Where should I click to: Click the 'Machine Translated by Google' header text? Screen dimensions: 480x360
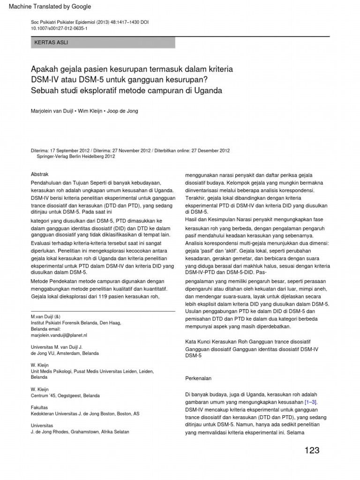[x=47, y=7]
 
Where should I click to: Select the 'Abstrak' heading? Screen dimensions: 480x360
[x=39, y=174]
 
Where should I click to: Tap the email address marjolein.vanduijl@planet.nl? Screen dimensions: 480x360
[x=59, y=335]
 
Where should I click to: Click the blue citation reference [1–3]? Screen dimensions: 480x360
[x=311, y=402]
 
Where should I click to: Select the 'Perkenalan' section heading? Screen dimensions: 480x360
[x=199, y=378]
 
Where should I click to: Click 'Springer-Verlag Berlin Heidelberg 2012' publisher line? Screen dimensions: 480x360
[x=76, y=157]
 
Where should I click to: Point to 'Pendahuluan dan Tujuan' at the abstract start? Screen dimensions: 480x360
[x=61, y=182]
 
